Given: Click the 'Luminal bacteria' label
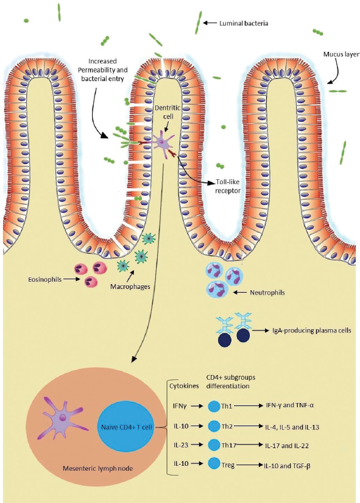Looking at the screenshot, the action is pos(244,23).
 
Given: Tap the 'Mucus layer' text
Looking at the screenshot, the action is pos(341,54).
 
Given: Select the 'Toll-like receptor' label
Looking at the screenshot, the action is pos(228,187).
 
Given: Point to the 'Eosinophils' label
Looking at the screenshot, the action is pos(44,279).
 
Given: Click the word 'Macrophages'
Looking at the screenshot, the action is pos(130,287).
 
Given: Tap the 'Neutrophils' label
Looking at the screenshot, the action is pos(267,293).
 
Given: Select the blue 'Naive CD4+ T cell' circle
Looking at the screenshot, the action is pos(126,427).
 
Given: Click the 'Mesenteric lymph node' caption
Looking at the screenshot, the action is pos(98,468).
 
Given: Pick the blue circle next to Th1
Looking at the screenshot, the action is pos(214,406).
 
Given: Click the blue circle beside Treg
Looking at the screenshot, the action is pos(214,463).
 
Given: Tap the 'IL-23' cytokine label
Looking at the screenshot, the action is pos(181,445).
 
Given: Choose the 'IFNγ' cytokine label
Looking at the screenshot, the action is pos(180,406).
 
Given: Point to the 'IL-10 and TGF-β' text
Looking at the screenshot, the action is pos(287,465).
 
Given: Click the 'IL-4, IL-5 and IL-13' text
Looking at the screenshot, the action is pos(292,427).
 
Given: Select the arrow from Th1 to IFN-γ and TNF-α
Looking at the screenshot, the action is pos(247,406).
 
